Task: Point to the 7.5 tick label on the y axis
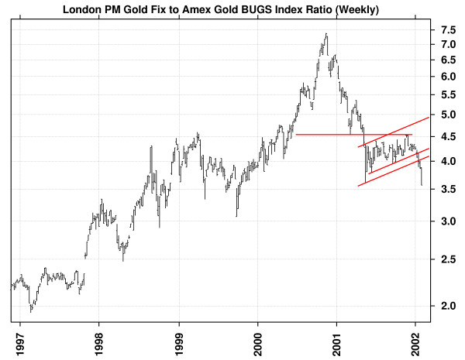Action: tap(448, 30)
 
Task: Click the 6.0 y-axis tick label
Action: tap(448, 77)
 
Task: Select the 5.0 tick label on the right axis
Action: tap(448, 115)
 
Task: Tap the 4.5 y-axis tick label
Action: tap(448, 136)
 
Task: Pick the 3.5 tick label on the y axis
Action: tap(448, 189)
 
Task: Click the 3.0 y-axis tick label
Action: tap(448, 221)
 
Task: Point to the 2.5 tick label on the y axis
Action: tap(448, 259)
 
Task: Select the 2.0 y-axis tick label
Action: tap(448, 306)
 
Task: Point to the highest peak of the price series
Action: tap(326, 34)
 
